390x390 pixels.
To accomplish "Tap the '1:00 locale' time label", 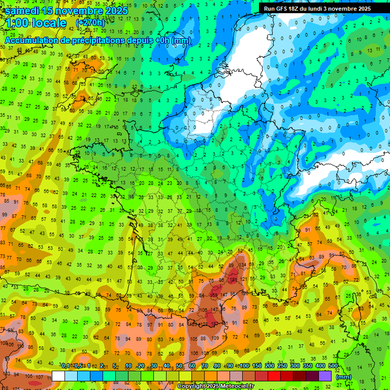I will [x=36, y=23].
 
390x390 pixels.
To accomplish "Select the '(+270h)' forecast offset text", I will [x=90, y=23].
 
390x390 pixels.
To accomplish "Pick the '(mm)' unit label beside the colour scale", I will [x=344, y=377].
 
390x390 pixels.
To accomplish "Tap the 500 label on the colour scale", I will [x=333, y=366].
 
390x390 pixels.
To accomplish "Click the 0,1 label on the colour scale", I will [x=65, y=366].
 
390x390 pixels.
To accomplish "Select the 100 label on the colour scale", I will [x=244, y=366].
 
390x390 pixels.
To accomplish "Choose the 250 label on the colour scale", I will [x=282, y=366].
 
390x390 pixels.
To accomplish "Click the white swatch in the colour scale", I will [x=58, y=376].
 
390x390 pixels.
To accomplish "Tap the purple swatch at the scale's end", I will [x=325, y=376].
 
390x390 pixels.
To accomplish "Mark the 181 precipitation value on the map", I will [x=233, y=280].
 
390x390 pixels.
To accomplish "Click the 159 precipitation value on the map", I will [x=215, y=295].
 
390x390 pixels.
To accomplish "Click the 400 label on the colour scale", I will [x=320, y=366].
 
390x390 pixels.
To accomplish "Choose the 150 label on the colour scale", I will [x=257, y=366].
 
